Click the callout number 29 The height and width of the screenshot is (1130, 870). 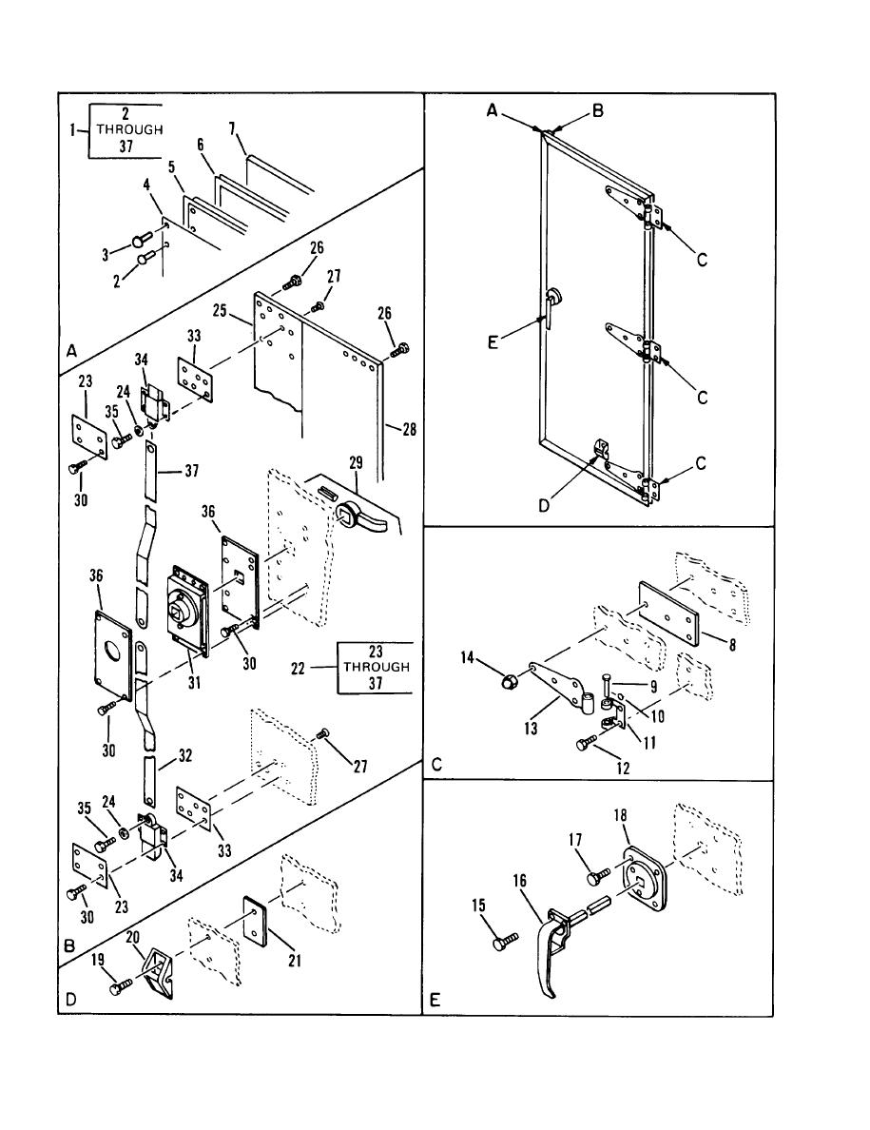356,462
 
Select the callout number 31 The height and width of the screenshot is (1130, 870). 195,682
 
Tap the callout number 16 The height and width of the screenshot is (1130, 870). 519,881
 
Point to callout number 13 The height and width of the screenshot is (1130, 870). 531,729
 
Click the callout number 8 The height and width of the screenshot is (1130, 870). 732,644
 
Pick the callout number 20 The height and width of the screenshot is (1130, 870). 132,937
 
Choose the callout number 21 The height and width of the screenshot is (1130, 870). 295,960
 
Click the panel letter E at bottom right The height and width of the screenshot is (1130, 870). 435,1001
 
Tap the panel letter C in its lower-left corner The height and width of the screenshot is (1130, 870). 436,765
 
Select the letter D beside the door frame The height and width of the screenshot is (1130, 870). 544,506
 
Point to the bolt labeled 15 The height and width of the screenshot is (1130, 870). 506,941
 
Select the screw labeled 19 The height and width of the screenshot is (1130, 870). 121,985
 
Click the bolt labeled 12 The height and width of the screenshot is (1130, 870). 589,742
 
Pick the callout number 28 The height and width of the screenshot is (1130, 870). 409,431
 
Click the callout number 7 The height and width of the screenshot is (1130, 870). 232,129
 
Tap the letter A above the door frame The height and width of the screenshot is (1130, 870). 492,110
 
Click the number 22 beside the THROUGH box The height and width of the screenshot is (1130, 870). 299,668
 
